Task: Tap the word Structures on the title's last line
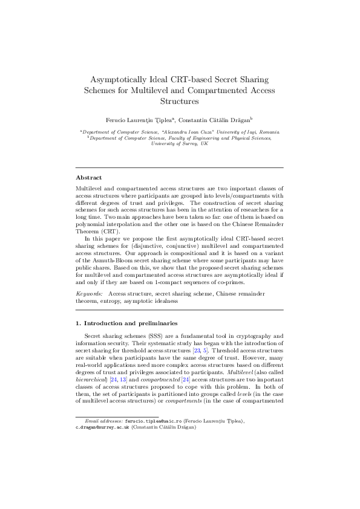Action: (x=179, y=102)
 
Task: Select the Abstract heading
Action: (x=88, y=178)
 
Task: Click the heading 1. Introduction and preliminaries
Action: (x=123, y=322)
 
